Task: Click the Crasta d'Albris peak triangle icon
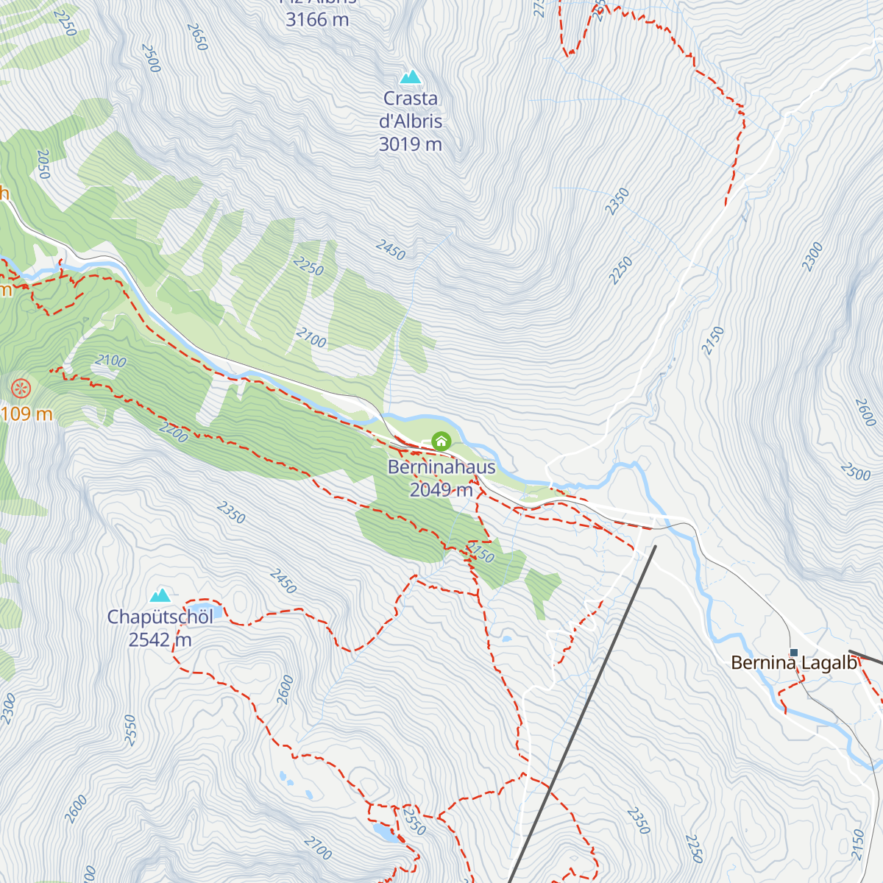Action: tap(410, 77)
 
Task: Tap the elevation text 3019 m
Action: tap(410, 144)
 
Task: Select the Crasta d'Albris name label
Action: tap(411, 110)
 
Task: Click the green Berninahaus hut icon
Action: tap(441, 441)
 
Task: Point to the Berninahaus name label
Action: tap(441, 467)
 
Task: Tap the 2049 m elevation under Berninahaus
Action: tap(441, 490)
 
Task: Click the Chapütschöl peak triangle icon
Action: tap(160, 595)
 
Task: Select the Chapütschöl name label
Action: tap(160, 617)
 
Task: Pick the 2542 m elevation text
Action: tap(160, 640)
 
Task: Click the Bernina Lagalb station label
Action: tap(795, 664)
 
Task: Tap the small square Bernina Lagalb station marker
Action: tap(793, 652)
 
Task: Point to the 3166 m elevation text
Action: tap(317, 20)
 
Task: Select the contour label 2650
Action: tap(197, 38)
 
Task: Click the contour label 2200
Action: tap(174, 433)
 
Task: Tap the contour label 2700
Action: tap(317, 848)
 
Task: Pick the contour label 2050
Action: tap(43, 165)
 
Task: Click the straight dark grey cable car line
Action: tap(581, 714)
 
